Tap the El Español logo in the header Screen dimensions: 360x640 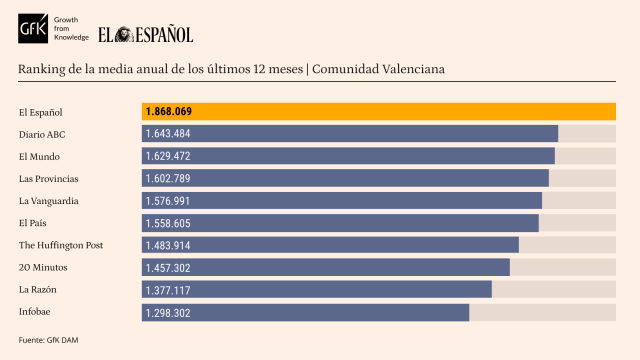point(146,34)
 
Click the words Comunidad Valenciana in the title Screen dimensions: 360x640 point(381,69)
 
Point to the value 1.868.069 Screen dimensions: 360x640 point(168,112)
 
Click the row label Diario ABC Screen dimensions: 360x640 point(43,134)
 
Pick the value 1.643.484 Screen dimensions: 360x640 point(168,134)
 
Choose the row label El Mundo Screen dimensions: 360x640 point(39,156)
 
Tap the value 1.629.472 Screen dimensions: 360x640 point(168,156)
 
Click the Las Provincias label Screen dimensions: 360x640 point(48,178)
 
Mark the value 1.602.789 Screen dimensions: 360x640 point(168,178)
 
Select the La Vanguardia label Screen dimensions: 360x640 point(48,200)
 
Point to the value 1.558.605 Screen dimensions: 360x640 point(168,223)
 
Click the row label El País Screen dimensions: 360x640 point(33,222)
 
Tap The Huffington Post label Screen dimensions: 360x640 point(61,245)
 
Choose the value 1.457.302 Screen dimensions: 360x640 point(168,268)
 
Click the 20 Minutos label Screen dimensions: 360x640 point(41,267)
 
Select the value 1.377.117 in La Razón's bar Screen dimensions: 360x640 point(168,290)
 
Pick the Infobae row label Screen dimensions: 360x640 point(35,312)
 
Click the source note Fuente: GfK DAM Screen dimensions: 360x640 point(48,340)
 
